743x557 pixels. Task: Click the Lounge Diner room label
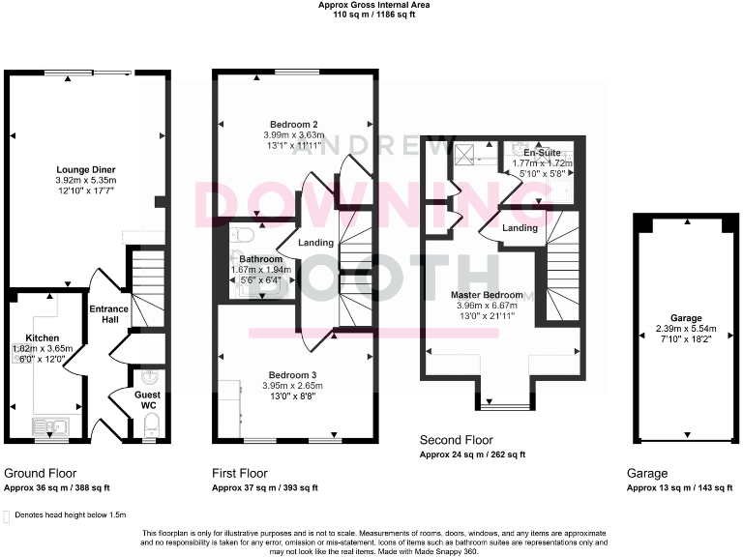pos(86,168)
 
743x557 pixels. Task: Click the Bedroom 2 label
pos(295,124)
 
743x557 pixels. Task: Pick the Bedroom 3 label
pos(295,373)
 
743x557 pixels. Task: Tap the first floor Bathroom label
pos(261,259)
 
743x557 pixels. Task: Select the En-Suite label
pos(541,153)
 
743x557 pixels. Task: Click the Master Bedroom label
pos(489,295)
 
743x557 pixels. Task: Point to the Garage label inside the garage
pos(685,317)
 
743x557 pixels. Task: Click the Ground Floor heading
pos(40,474)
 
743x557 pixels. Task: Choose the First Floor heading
pos(240,474)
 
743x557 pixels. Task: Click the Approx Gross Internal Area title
pos(371,5)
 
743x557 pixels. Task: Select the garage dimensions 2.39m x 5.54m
pos(685,328)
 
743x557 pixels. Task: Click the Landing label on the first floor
pos(315,243)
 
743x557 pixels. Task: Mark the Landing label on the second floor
pos(520,228)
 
